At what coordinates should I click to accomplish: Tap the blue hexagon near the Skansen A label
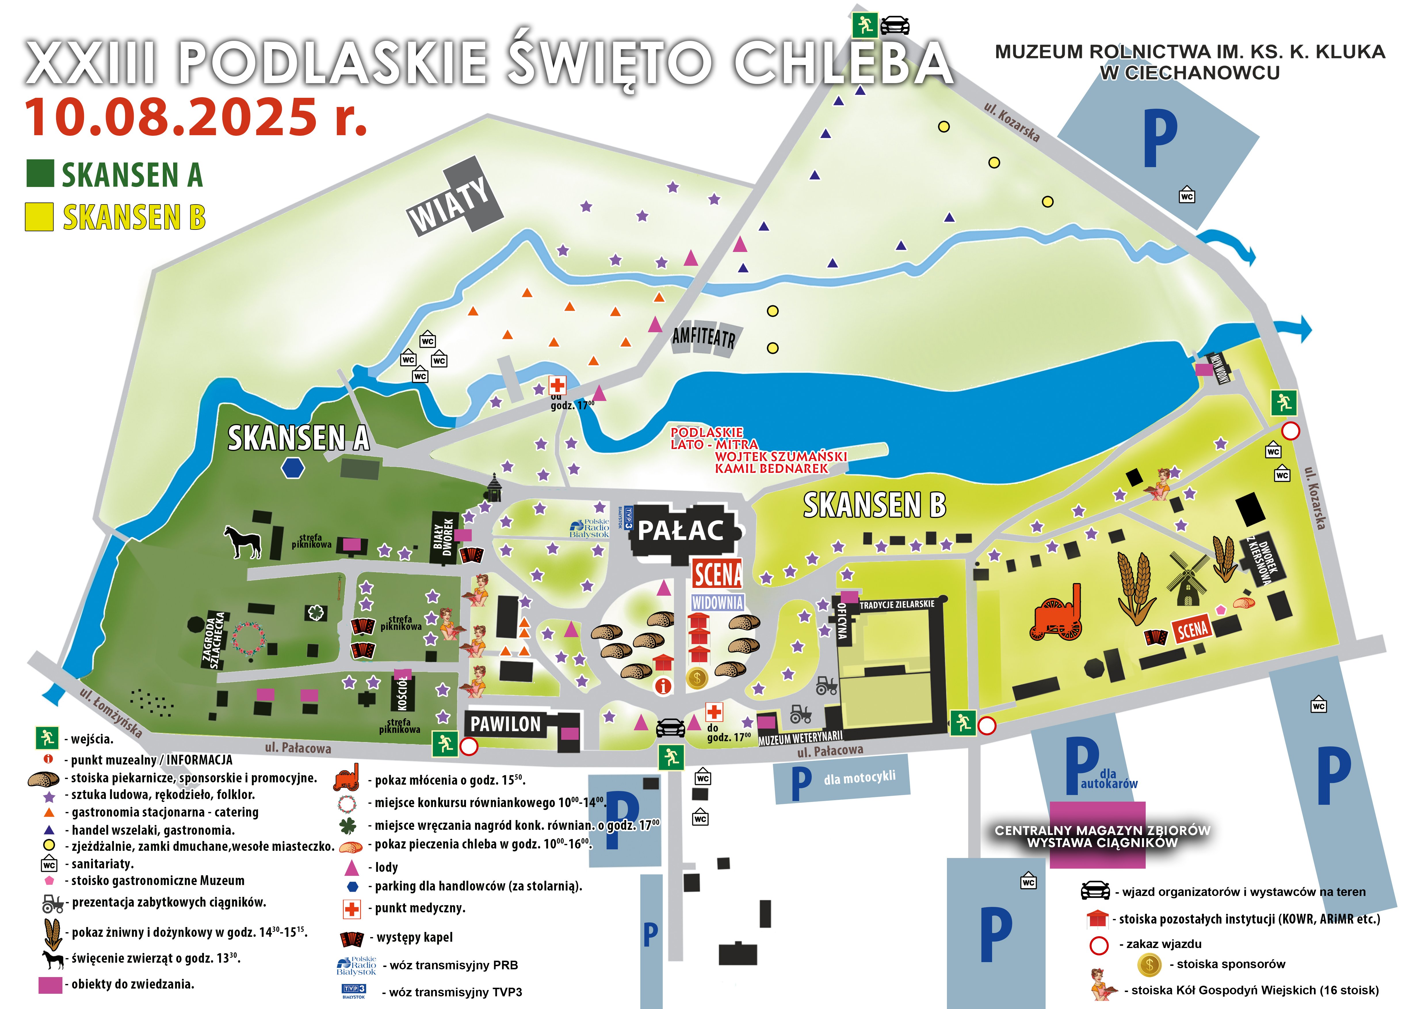click(293, 468)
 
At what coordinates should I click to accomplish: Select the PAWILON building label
click(505, 724)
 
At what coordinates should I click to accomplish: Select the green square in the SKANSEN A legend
click(40, 173)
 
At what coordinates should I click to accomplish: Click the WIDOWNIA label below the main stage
click(717, 602)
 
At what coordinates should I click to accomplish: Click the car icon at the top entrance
click(895, 26)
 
